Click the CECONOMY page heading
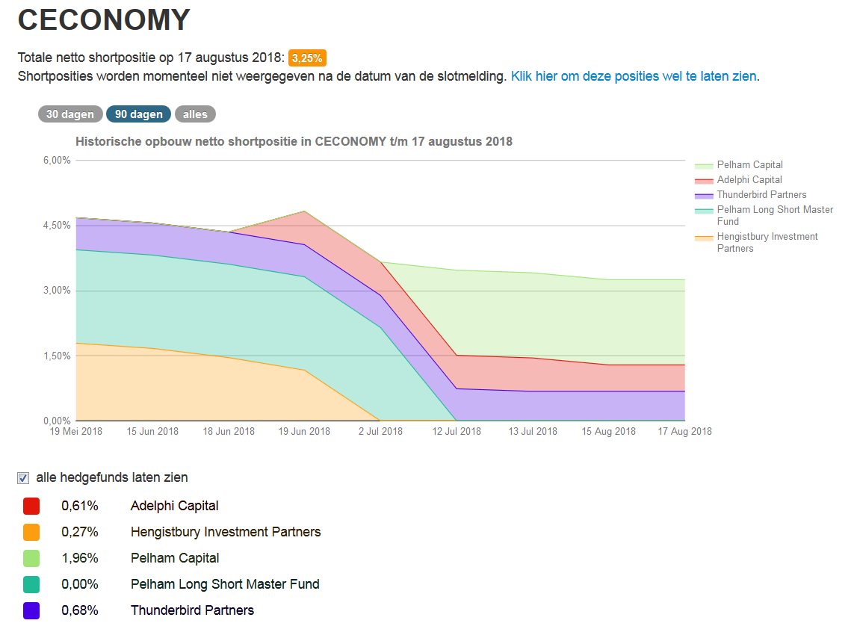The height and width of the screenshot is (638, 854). pyautogui.click(x=104, y=20)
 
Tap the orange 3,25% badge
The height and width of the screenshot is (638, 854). pyautogui.click(x=307, y=58)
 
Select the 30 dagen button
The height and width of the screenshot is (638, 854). pyautogui.click(x=70, y=114)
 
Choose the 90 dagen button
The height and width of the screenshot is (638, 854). pyautogui.click(x=139, y=114)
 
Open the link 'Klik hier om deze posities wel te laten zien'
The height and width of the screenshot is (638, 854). pyautogui.click(x=634, y=76)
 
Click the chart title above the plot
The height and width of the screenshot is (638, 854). pyautogui.click(x=294, y=141)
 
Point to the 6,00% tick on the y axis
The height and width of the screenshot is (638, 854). pyautogui.click(x=56, y=161)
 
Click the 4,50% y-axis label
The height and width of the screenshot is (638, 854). pyautogui.click(x=56, y=226)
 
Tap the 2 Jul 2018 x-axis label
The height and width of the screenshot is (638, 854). pyautogui.click(x=380, y=431)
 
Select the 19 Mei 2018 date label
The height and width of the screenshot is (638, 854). pyautogui.click(x=76, y=431)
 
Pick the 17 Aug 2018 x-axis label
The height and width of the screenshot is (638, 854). pyautogui.click(x=684, y=431)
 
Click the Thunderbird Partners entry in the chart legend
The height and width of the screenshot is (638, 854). pyautogui.click(x=761, y=195)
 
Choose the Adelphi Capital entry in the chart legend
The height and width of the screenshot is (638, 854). pyautogui.click(x=749, y=180)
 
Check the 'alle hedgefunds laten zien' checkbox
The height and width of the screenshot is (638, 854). pyautogui.click(x=23, y=478)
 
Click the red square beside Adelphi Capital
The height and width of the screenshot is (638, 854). pyautogui.click(x=31, y=507)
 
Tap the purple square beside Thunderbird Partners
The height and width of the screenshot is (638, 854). pyautogui.click(x=31, y=610)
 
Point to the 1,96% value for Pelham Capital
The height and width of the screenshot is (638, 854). pyautogui.click(x=79, y=558)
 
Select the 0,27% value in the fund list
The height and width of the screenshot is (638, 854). pyautogui.click(x=79, y=532)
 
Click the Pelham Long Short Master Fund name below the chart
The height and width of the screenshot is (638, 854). pyautogui.click(x=225, y=584)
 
